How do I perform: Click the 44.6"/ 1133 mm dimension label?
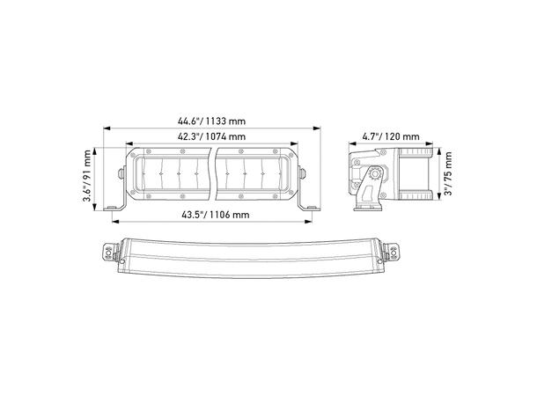point(211,121)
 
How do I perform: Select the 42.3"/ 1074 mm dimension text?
point(211,136)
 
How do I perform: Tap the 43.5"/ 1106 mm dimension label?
point(215,215)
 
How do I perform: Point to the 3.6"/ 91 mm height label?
point(87,175)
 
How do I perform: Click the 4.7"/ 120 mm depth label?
point(391,136)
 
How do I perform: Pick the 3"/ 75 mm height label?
point(448,173)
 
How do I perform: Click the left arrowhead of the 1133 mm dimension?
point(107,128)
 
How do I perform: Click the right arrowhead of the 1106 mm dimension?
point(308,222)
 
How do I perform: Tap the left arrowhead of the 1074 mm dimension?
point(129,143)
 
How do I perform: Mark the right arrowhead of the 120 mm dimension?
point(430,143)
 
